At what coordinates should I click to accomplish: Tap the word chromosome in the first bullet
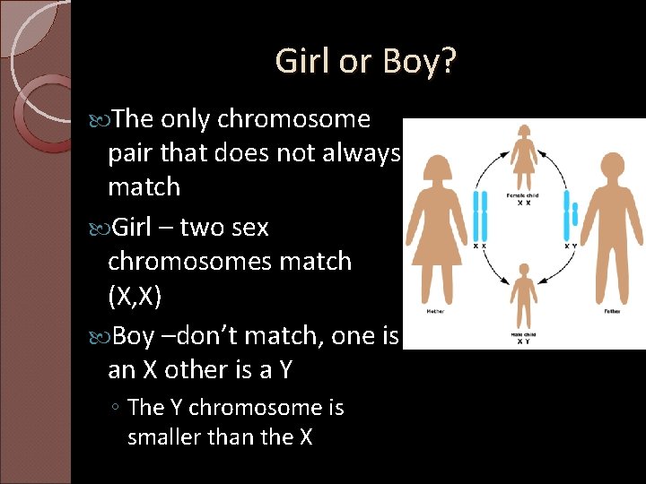[x=292, y=119]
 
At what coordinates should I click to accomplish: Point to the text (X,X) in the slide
[x=135, y=297]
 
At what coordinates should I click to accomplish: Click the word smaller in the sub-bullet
[x=168, y=437]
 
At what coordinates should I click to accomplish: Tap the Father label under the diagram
[x=614, y=312]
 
